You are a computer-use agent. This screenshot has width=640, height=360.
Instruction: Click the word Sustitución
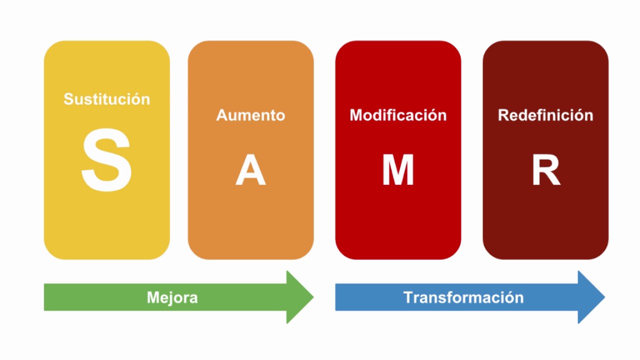(x=107, y=99)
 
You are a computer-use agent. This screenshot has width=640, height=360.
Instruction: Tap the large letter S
(x=106, y=160)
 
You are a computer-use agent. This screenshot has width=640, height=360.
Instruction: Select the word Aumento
(x=250, y=115)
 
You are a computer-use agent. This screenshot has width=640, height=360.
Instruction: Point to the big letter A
(x=250, y=169)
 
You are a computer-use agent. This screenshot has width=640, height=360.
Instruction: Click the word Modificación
(x=398, y=115)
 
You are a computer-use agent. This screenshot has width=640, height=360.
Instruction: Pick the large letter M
(x=398, y=169)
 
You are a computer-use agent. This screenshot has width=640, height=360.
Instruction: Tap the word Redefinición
(x=545, y=115)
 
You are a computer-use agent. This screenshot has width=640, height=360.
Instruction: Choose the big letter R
(x=546, y=169)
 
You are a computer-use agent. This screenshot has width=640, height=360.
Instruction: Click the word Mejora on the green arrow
(x=172, y=297)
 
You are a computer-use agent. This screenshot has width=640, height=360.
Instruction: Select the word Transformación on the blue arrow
(x=463, y=297)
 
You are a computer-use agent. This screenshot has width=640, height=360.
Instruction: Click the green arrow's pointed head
(x=313, y=297)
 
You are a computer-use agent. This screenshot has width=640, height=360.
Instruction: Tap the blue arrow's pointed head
(x=604, y=297)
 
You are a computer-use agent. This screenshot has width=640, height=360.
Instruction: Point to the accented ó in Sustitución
(x=133, y=99)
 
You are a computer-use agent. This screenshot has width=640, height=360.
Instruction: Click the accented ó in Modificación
(x=430, y=115)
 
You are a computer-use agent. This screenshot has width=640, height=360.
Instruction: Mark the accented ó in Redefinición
(x=577, y=115)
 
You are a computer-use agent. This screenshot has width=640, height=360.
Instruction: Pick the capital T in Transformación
(x=408, y=297)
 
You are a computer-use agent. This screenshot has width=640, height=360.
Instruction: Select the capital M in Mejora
(x=153, y=297)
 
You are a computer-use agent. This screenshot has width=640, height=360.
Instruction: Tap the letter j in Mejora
(x=173, y=299)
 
